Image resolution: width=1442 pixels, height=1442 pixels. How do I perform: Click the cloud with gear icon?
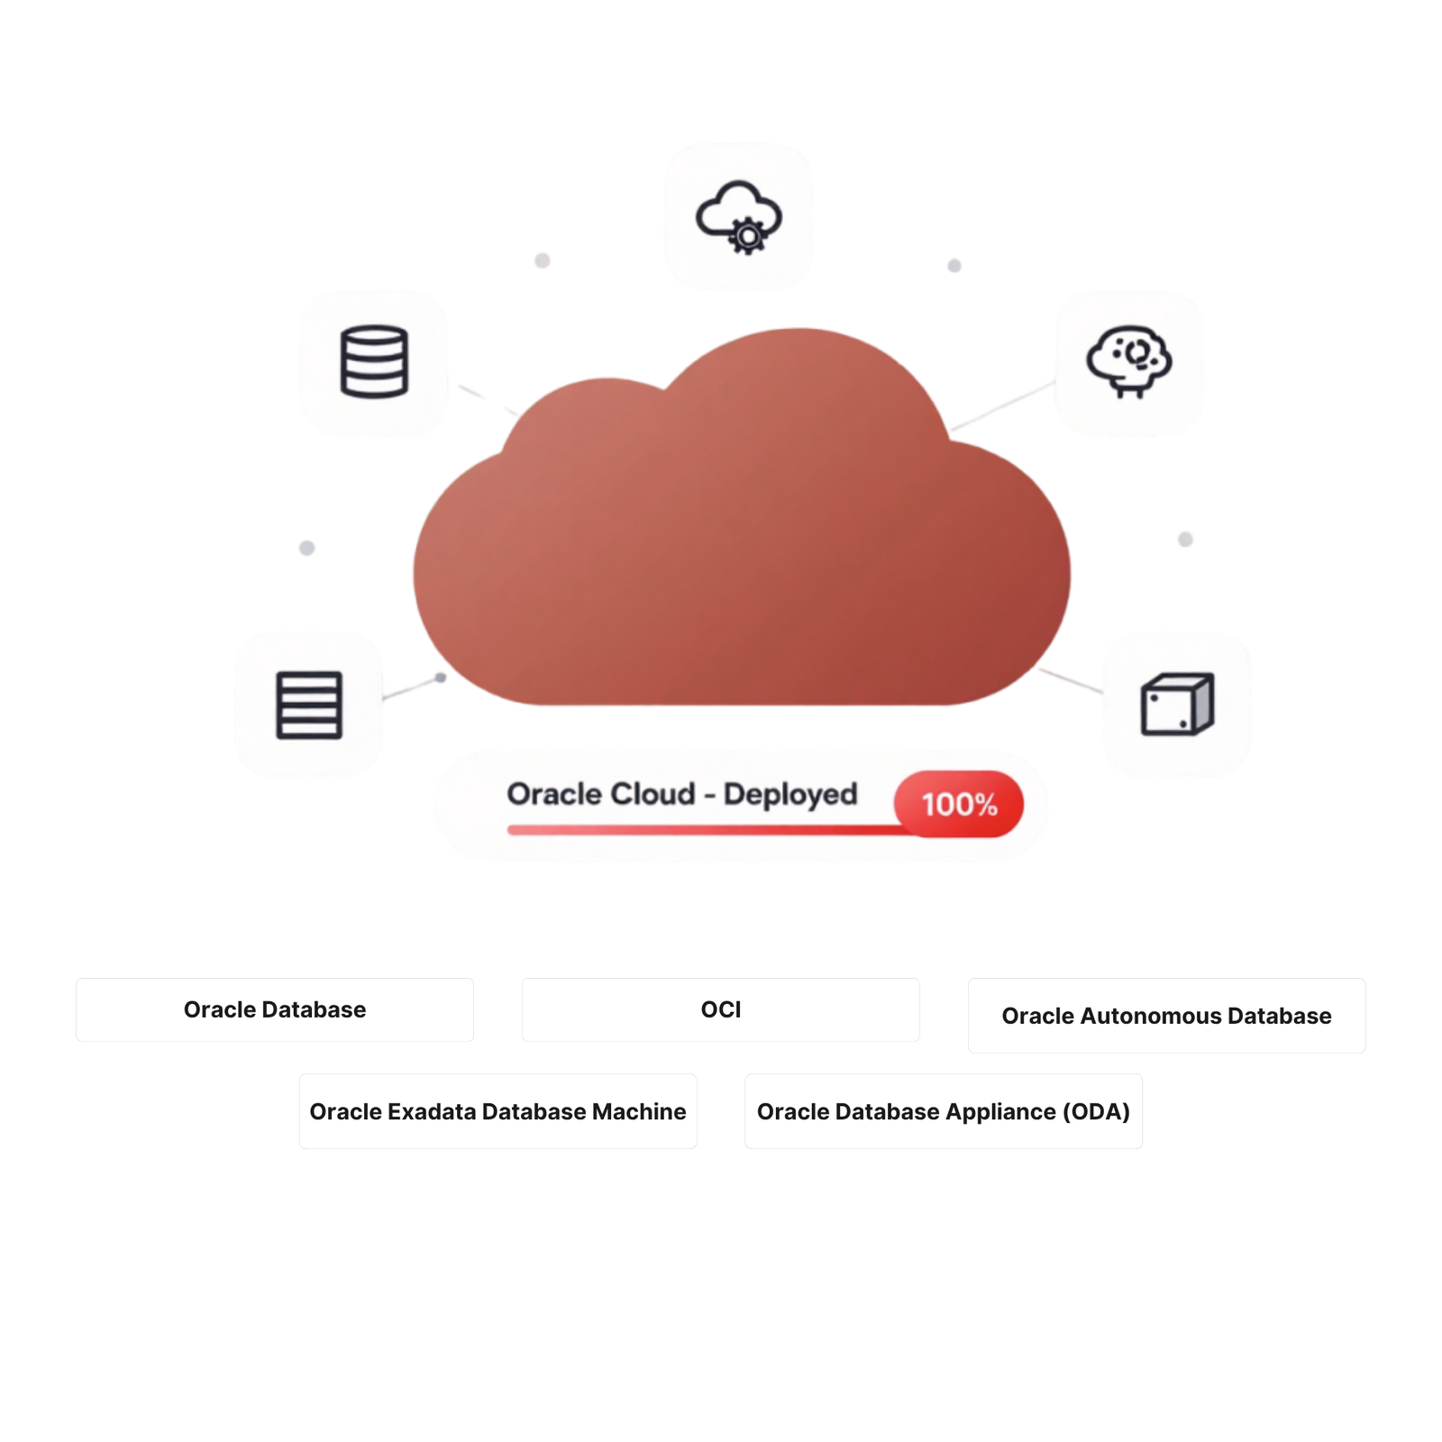pos(738,216)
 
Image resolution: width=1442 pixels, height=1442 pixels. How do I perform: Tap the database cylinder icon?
pos(374,361)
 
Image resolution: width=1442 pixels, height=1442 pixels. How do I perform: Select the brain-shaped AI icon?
pos(1128,361)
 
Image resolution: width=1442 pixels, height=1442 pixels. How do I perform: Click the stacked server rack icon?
pos(309,705)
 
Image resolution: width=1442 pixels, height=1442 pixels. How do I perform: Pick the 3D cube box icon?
pos(1177,704)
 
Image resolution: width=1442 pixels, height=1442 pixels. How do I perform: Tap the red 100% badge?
pos(959,804)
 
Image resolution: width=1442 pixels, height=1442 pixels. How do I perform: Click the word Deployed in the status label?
pos(790,795)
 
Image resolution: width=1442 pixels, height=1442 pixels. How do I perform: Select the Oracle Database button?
pos(275,1009)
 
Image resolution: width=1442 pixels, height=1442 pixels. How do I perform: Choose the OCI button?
pos(721,1009)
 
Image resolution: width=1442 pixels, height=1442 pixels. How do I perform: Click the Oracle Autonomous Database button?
pos(1167,1016)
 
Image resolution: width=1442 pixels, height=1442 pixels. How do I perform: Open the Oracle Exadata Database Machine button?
pos(498,1111)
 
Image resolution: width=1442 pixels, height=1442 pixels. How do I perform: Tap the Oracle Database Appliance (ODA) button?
pos(944,1111)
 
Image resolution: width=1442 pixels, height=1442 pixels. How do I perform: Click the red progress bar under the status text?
pos(712,829)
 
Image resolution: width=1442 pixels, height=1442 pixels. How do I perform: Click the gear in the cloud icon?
pos(747,237)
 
